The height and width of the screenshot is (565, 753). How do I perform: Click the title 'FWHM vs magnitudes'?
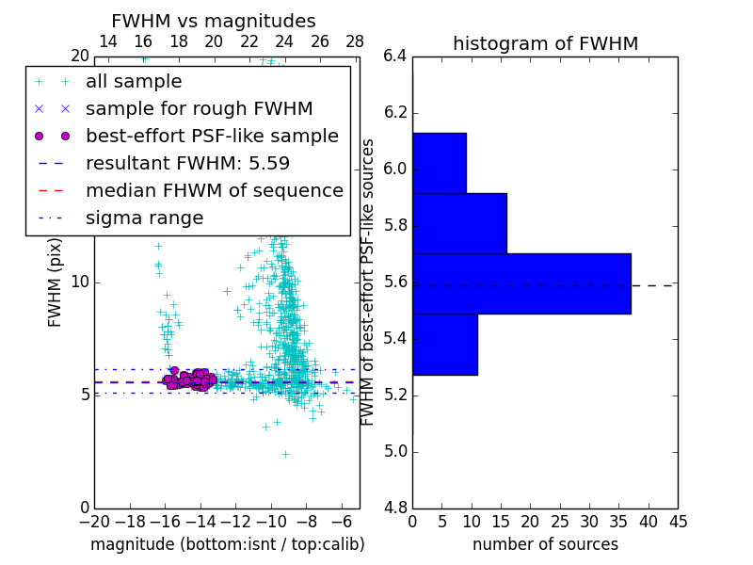213,21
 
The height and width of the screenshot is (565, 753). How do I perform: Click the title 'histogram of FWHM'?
545,43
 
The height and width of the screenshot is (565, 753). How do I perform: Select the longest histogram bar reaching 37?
521,283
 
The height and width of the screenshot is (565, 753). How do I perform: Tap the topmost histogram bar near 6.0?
439,163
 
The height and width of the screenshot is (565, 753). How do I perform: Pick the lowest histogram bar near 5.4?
444,344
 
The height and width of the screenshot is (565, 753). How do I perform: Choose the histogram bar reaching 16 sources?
459,223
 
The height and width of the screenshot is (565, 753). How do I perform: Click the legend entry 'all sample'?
134,82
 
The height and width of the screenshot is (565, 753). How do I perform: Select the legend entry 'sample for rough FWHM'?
200,108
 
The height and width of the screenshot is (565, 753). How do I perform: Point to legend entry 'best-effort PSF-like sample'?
212,136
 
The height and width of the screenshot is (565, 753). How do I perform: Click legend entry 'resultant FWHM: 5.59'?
187,163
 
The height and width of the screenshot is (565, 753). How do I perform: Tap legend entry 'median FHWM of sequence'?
215,190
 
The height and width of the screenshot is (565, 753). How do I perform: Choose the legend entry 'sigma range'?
144,218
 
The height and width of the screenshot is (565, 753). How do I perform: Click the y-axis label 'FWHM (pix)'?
56,282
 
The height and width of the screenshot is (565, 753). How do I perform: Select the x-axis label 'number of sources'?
545,544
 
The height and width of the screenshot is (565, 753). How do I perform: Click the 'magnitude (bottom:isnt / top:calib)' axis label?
227,544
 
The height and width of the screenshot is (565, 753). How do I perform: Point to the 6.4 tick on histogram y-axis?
395,56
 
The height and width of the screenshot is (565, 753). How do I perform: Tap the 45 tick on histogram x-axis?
678,521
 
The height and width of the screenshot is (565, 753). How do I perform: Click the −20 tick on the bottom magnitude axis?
94,521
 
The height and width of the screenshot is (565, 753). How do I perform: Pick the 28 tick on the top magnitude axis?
355,41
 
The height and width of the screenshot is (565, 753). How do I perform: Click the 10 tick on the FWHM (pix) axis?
80,282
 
